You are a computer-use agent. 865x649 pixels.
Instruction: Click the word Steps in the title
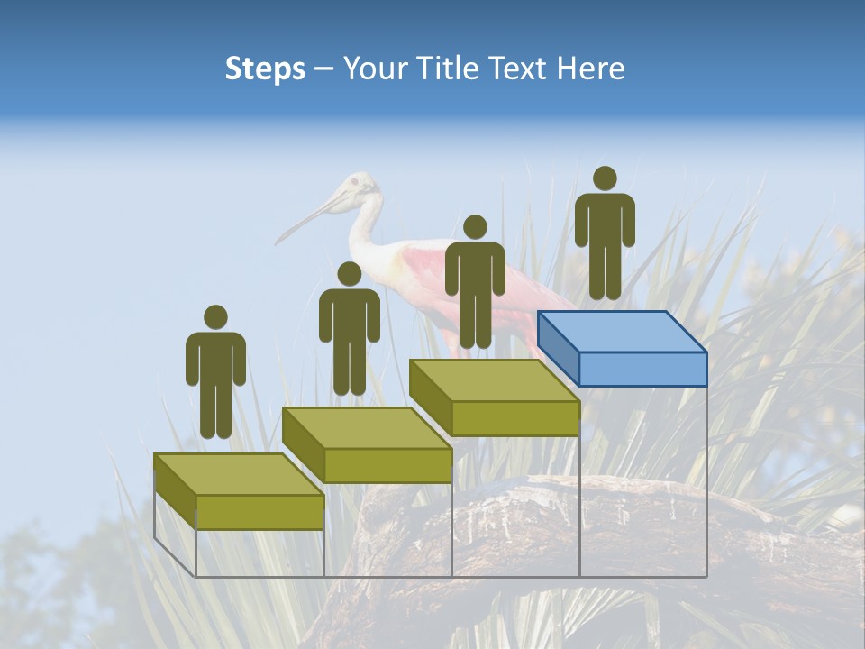click(x=265, y=69)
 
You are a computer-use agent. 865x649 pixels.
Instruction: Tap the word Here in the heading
click(x=591, y=69)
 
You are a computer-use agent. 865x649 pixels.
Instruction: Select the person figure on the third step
click(x=475, y=284)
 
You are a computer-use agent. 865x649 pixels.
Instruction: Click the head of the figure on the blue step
click(x=605, y=178)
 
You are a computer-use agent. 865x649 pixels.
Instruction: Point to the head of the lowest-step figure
click(x=215, y=317)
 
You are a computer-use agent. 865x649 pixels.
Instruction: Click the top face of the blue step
click(x=622, y=332)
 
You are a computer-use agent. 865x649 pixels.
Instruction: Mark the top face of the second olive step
click(x=366, y=427)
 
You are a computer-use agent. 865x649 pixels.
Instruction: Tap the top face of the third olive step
click(x=494, y=380)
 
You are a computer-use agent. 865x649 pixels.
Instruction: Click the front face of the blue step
click(x=642, y=369)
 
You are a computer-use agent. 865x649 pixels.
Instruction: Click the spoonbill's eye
click(x=354, y=183)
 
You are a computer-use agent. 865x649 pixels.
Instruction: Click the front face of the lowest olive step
click(x=259, y=512)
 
